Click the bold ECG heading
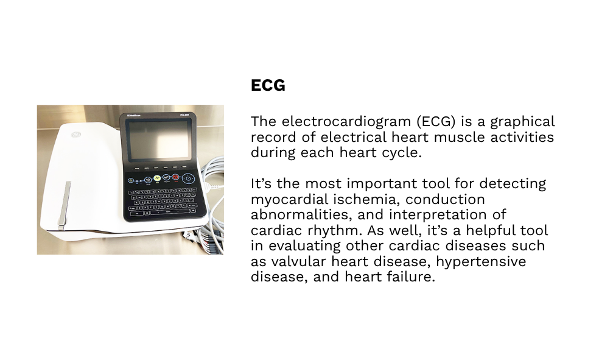(268, 85)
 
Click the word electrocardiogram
(346, 121)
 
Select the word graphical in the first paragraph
(523, 122)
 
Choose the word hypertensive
(481, 261)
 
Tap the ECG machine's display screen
(159, 139)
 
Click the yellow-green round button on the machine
(157, 178)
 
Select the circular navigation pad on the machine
(189, 179)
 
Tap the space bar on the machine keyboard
(168, 212)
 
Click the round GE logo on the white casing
(76, 135)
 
